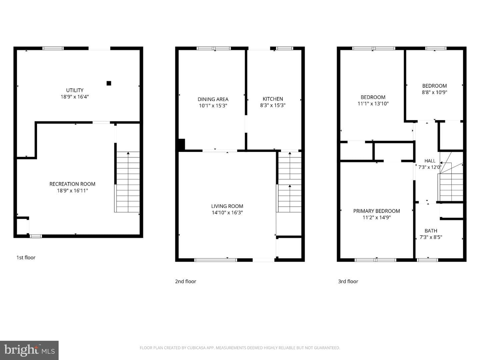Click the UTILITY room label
75,90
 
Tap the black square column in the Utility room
109,83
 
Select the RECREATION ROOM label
72,184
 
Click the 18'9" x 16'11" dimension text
72,191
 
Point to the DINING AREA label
213,99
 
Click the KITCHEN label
273,99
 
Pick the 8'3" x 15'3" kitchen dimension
273,105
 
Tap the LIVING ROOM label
227,206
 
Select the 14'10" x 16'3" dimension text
227,212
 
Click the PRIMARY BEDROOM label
377,211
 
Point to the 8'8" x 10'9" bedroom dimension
435,92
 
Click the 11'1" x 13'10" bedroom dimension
373,104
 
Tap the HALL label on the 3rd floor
430,161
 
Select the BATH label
431,231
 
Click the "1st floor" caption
26,257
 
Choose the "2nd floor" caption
185,281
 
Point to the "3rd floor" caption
348,281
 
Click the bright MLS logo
29,350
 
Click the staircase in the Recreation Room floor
128,182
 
